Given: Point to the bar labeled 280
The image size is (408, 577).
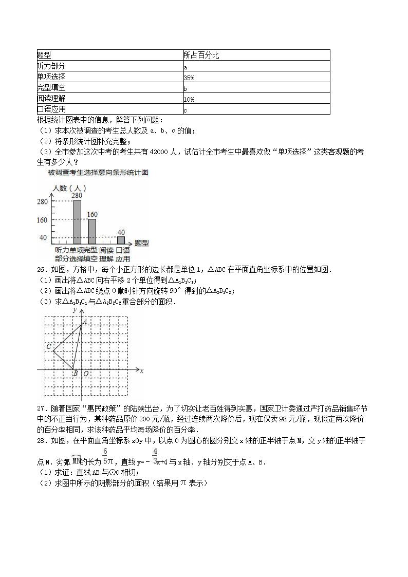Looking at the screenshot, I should [77, 221].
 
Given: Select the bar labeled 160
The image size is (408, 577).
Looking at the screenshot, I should [92, 231].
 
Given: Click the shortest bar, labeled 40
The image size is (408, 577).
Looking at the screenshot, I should [121, 240].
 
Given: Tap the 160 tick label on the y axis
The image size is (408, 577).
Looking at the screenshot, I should [43, 220].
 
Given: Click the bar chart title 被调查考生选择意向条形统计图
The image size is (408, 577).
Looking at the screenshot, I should [98, 173].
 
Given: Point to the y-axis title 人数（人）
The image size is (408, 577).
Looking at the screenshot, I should [68, 188].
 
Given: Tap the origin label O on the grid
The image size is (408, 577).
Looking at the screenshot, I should [86, 374].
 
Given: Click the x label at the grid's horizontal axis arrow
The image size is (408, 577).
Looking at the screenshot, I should [141, 370].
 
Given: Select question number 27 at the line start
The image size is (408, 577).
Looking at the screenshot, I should [41, 408].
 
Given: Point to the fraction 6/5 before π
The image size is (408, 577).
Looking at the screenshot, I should [104, 456].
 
